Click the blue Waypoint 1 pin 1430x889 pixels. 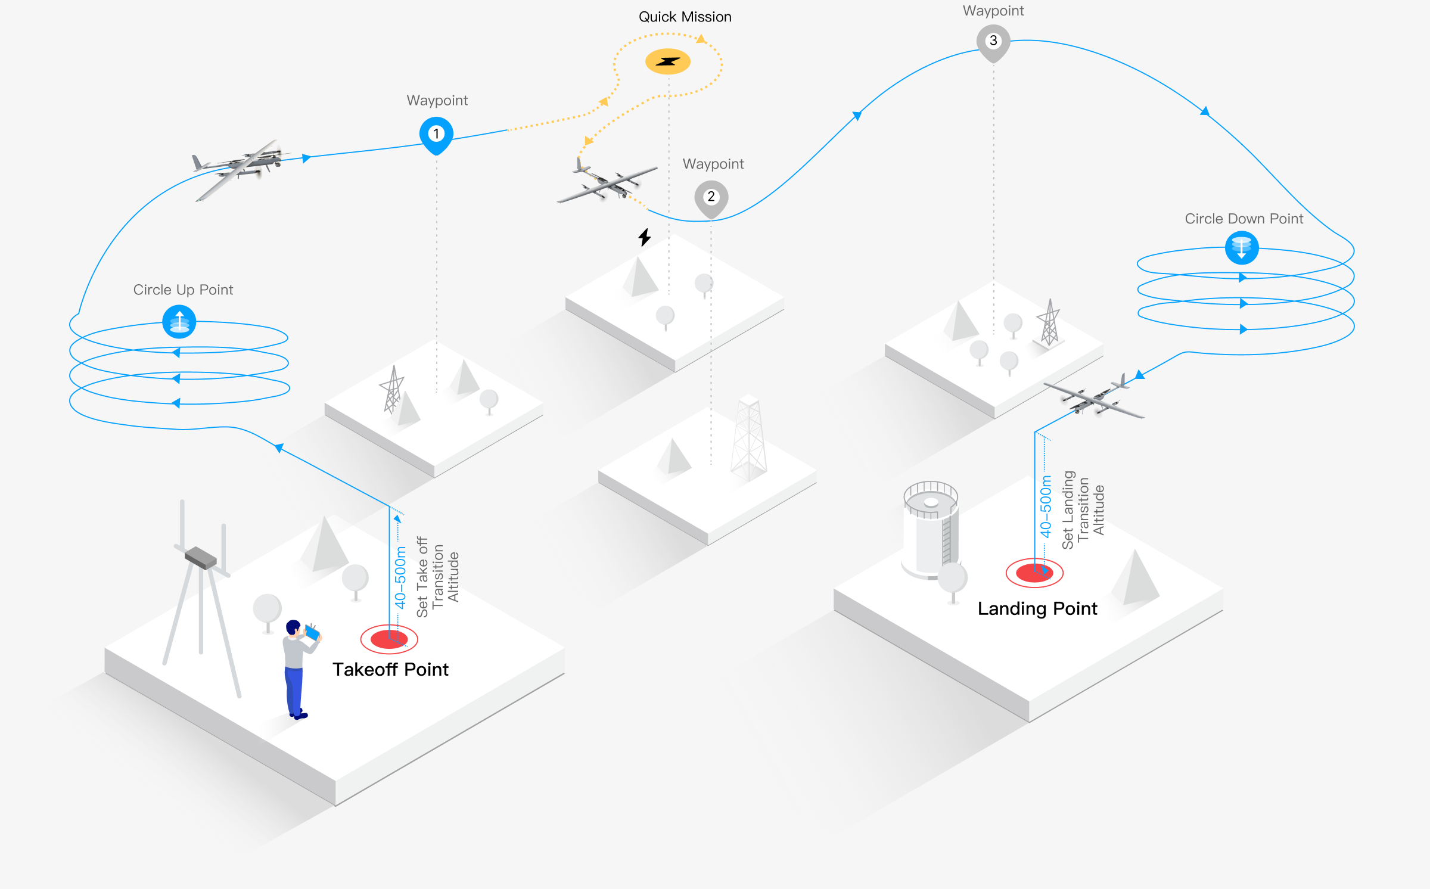pos(436,134)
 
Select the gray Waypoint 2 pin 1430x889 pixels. pos(711,197)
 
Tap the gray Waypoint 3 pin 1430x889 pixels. pos(993,42)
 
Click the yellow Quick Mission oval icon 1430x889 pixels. pos(668,61)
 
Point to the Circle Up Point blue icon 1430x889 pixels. pos(179,322)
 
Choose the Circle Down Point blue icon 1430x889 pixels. pos(1242,247)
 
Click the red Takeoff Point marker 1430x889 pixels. pos(389,639)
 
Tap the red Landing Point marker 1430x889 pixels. pos(1034,573)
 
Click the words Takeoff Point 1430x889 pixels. pos(390,669)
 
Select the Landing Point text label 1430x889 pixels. pos(1037,608)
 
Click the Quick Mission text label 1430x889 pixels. pos(685,17)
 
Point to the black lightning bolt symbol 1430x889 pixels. pos(645,237)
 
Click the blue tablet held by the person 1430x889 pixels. pos(312,632)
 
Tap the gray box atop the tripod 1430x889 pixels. pos(201,558)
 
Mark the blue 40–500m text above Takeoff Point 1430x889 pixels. pos(400,577)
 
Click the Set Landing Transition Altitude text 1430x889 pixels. pos(1083,509)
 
